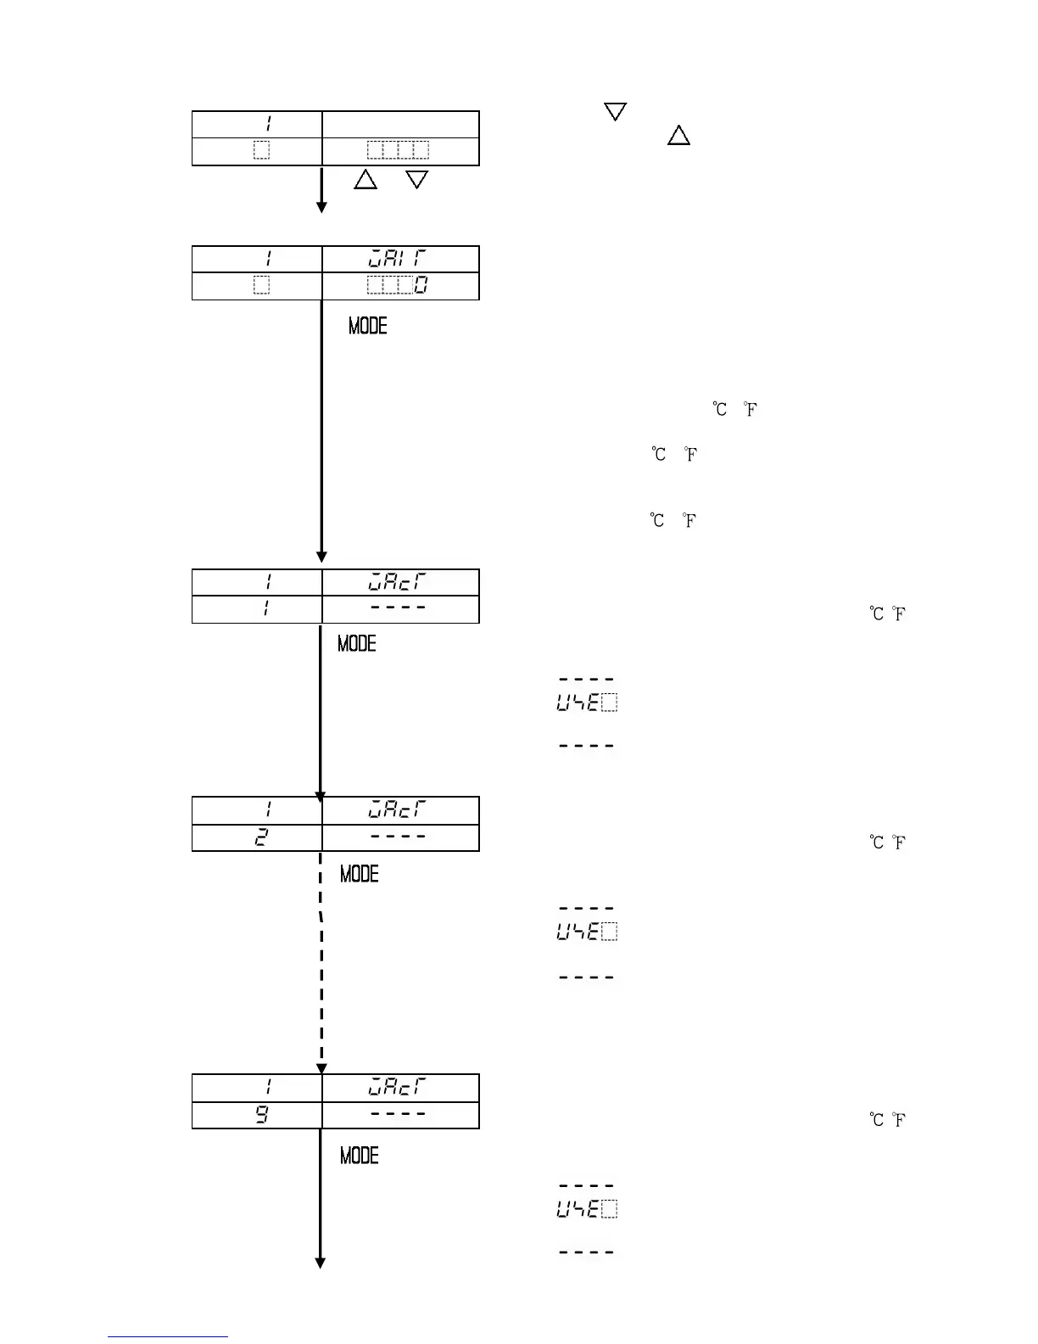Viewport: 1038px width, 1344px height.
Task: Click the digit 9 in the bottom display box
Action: pyautogui.click(x=262, y=1115)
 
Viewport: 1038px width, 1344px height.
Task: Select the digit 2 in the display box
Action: pyautogui.click(x=262, y=837)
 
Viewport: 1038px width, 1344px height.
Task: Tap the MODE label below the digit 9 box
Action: pyautogui.click(x=359, y=1156)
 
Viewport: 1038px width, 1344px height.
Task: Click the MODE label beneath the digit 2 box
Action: pyautogui.click(x=359, y=874)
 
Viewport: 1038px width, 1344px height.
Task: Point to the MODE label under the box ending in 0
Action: pyautogui.click(x=367, y=326)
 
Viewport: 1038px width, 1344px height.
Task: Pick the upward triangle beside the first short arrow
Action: pyautogui.click(x=366, y=179)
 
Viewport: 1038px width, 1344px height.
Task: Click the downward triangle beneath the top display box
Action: pyautogui.click(x=416, y=179)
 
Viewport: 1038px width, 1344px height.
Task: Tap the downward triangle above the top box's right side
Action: pyautogui.click(x=615, y=111)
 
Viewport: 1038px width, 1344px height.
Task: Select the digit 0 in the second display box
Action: pyautogui.click(x=421, y=286)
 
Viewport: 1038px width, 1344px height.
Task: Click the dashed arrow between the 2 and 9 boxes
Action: pyautogui.click(x=321, y=959)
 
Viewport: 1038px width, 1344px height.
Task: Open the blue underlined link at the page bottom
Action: pyautogui.click(x=167, y=1336)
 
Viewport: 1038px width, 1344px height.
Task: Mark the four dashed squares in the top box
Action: pyautogui.click(x=398, y=151)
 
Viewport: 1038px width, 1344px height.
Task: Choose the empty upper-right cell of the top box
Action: pyautogui.click(x=400, y=124)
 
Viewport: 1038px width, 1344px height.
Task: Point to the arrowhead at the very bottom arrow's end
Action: pyautogui.click(x=321, y=1263)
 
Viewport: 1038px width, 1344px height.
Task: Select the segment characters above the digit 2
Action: pyautogui.click(x=397, y=810)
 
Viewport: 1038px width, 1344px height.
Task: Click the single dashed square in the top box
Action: pyautogui.click(x=261, y=151)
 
